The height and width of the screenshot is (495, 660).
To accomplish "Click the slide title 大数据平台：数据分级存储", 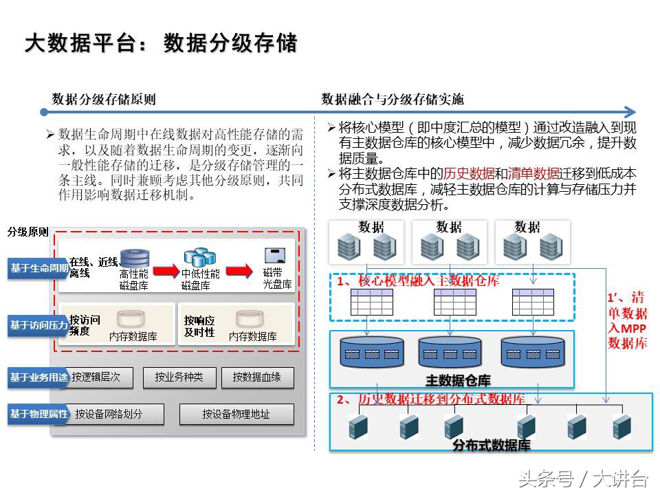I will pyautogui.click(x=161, y=43).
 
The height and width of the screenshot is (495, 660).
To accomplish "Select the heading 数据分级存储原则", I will pyautogui.click(x=104, y=99).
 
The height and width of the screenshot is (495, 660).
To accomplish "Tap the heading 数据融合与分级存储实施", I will pyautogui.click(x=393, y=99).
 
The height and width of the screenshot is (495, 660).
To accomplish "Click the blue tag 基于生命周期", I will pyautogui.click(x=38, y=268).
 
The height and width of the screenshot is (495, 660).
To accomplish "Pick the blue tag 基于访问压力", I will pyautogui.click(x=38, y=324).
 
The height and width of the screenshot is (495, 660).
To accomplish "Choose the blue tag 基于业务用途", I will pyautogui.click(x=38, y=377).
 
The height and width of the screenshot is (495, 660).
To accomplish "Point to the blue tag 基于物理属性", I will pyautogui.click(x=38, y=414).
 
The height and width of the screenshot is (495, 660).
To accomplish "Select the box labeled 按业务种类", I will pyautogui.click(x=179, y=377).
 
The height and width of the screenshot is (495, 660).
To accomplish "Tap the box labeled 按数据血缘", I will pyautogui.click(x=256, y=377).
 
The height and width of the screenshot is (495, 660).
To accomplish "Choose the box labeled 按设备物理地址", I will pyautogui.click(x=236, y=414).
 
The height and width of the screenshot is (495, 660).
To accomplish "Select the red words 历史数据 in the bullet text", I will pyautogui.click(x=469, y=173).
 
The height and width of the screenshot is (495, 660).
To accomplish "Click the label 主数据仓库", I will pyautogui.click(x=458, y=379).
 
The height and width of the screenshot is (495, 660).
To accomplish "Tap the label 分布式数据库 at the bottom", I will pyautogui.click(x=491, y=445).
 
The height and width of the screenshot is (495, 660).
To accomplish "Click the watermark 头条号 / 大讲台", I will pyautogui.click(x=582, y=478).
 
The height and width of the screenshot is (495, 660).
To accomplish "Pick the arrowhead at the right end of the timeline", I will pyautogui.click(x=630, y=111).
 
